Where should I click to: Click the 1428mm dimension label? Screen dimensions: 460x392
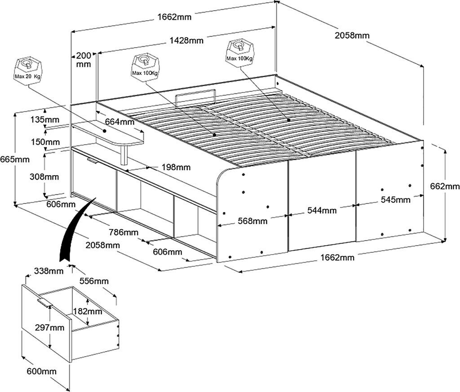pyautogui.click(x=186, y=40)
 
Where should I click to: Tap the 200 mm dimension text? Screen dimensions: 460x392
pyautogui.click(x=84, y=60)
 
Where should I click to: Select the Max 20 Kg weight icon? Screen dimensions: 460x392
pyautogui.click(x=28, y=70)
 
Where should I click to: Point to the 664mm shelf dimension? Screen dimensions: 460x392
pyautogui.click(x=119, y=121)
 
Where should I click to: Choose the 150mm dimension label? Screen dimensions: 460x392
pyautogui.click(x=45, y=142)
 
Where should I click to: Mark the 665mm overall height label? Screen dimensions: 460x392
pyautogui.click(x=15, y=159)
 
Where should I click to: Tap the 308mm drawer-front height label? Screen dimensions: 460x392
pyautogui.click(x=44, y=177)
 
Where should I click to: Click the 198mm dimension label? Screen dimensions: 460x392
pyautogui.click(x=176, y=167)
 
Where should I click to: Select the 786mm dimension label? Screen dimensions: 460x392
pyautogui.click(x=124, y=233)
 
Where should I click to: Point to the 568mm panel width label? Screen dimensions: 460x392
pyautogui.click(x=252, y=221)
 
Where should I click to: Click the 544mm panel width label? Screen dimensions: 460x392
pyautogui.click(x=322, y=210)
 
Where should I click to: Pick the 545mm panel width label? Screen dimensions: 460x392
pyautogui.click(x=395, y=200)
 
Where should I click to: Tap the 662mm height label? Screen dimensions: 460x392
pyautogui.click(x=445, y=186)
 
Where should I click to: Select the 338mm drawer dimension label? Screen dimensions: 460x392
pyautogui.click(x=49, y=271)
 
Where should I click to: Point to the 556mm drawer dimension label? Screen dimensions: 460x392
pyautogui.click(x=94, y=281)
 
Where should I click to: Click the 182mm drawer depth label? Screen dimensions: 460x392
pyautogui.click(x=88, y=311)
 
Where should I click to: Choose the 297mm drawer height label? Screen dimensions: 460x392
pyautogui.click(x=49, y=327)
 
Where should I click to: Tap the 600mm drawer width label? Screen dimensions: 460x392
pyautogui.click(x=42, y=371)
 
